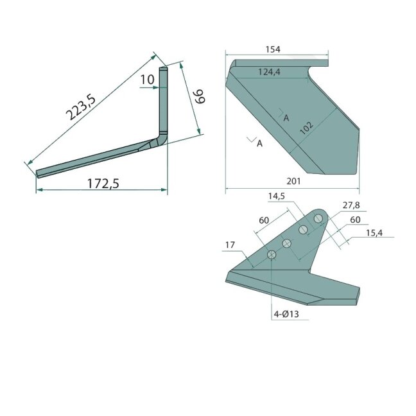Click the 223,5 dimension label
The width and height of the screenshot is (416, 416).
(81, 107)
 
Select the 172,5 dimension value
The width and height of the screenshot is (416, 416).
(103, 184)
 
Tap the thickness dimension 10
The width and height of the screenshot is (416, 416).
(147, 80)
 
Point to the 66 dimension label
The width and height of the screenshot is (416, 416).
(200, 96)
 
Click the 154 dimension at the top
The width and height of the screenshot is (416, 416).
(273, 49)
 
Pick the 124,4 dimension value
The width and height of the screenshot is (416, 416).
(269, 72)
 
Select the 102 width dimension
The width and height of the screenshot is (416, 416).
(306, 128)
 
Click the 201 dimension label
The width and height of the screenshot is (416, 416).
(293, 181)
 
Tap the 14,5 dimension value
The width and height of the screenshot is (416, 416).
(276, 196)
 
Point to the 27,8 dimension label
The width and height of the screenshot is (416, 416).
(351, 205)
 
